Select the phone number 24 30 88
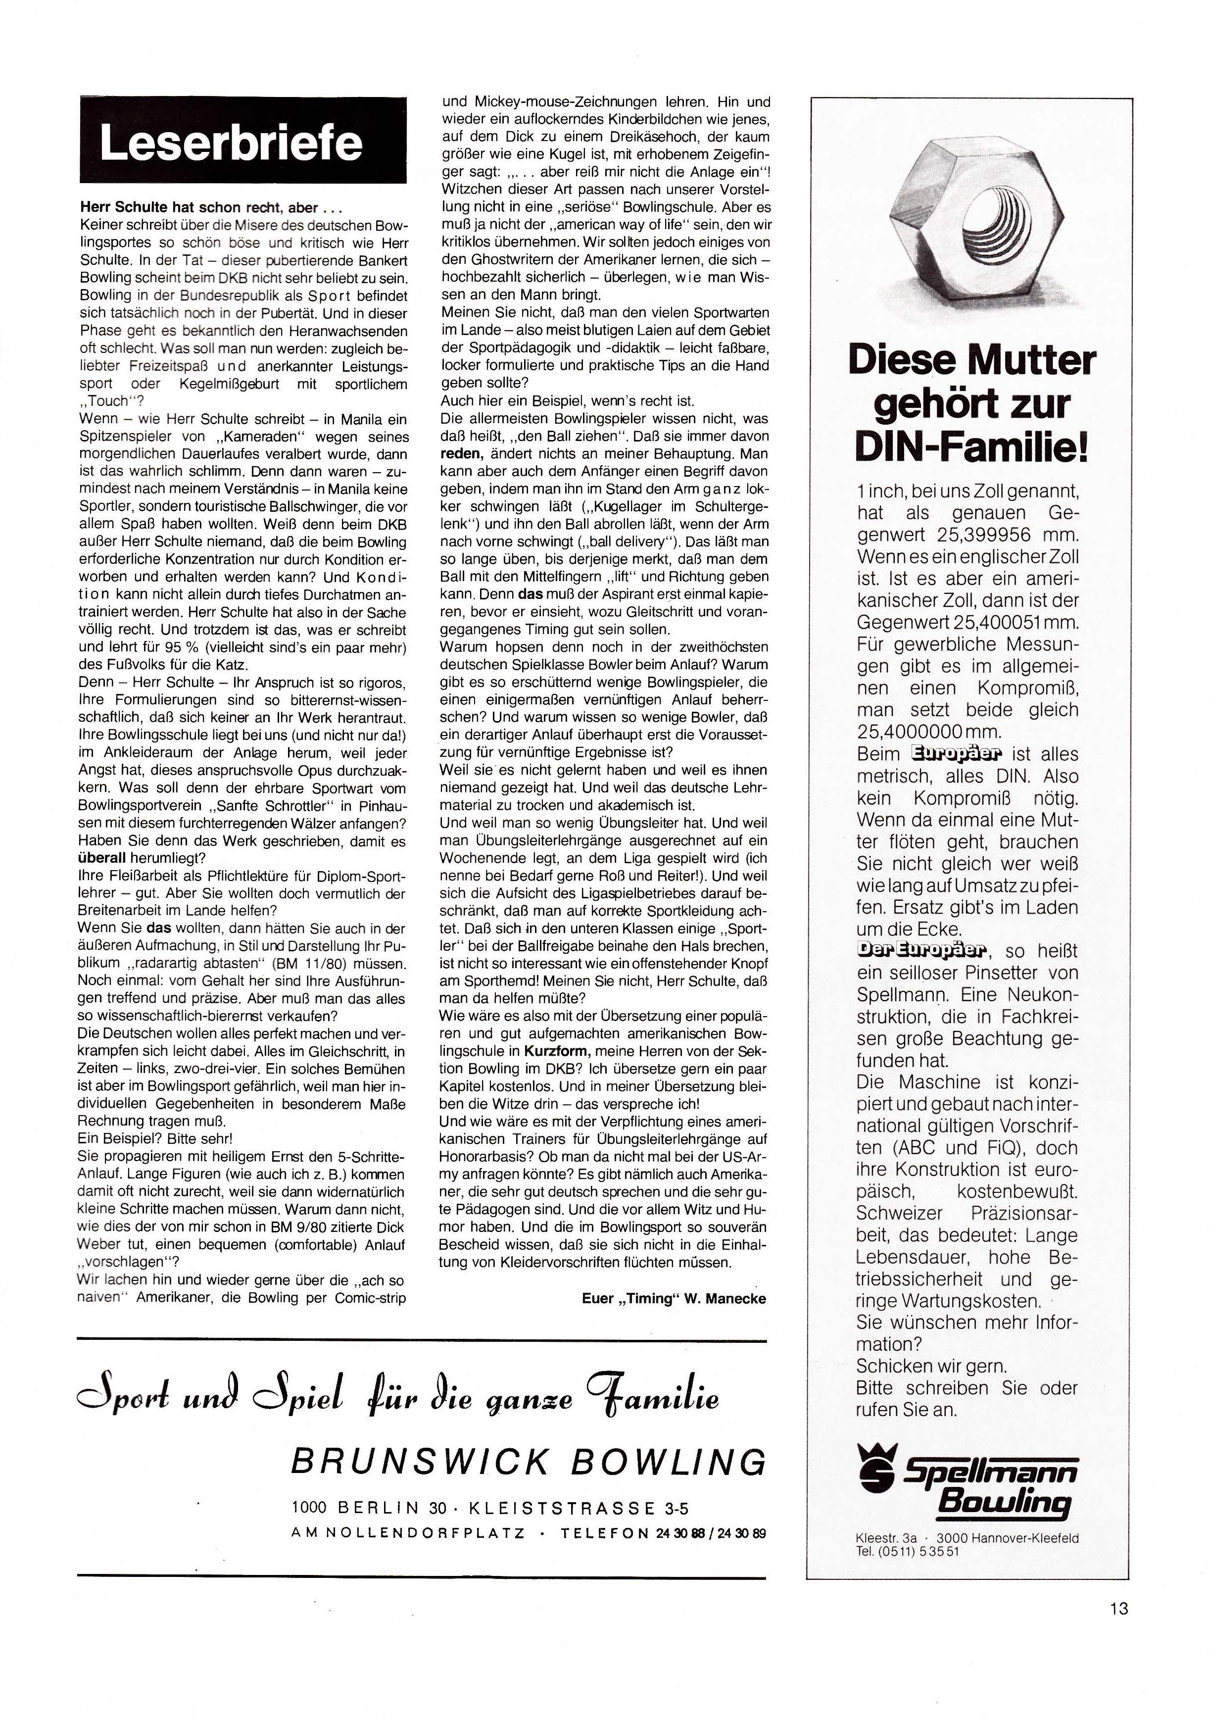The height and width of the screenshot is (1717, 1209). point(679,1533)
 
